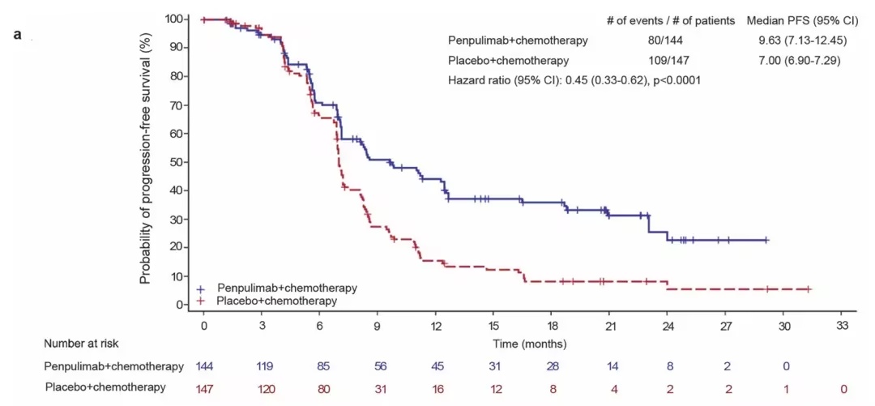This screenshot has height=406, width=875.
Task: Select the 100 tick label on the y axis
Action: coord(173,19)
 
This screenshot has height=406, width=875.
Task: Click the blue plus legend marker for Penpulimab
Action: coord(201,288)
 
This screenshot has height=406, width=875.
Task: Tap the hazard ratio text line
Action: coord(574,80)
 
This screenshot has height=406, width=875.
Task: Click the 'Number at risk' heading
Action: coord(81,344)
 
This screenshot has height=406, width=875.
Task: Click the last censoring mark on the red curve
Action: coord(808,289)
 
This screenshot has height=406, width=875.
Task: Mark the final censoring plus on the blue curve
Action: coord(766,240)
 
